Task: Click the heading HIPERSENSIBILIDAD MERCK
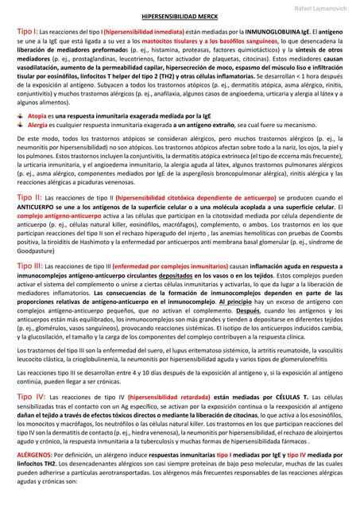tap(180, 16)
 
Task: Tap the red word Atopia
tap(38, 117)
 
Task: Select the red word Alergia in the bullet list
tap(40, 125)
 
